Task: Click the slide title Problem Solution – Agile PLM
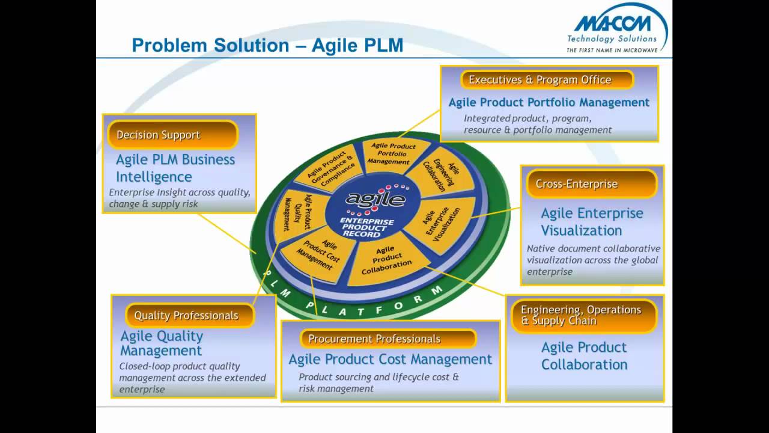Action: [267, 45]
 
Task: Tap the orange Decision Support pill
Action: [172, 135]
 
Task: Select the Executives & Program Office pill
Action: [547, 80]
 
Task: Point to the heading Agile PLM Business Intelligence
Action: [175, 168]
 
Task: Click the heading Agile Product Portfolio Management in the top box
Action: [549, 102]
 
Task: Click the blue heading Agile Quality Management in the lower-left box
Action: [162, 343]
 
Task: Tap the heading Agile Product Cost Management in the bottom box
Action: [390, 359]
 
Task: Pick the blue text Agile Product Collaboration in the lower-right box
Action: [584, 355]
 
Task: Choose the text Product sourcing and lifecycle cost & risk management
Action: [378, 382]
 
